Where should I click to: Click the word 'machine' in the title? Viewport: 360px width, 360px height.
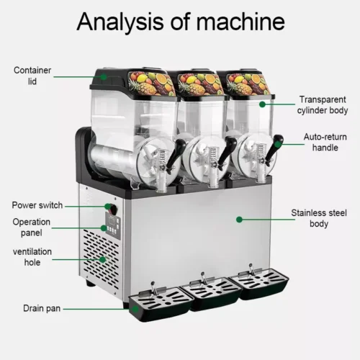pyautogui.click(x=240, y=22)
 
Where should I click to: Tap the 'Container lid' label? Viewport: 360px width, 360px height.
pyautogui.click(x=32, y=76)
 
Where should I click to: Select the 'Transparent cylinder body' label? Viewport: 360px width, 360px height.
pyautogui.click(x=323, y=105)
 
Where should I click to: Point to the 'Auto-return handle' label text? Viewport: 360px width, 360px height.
pyautogui.click(x=325, y=142)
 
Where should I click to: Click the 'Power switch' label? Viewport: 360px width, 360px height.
pyautogui.click(x=37, y=205)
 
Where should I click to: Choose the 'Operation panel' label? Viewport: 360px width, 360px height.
pyautogui.click(x=32, y=227)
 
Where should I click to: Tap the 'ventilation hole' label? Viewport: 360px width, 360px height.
pyautogui.click(x=32, y=257)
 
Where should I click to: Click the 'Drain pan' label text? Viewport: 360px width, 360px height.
pyautogui.click(x=42, y=308)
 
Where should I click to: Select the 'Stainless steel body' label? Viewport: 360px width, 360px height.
pyautogui.click(x=319, y=218)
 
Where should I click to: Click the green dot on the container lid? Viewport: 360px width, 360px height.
pyautogui.click(x=104, y=77)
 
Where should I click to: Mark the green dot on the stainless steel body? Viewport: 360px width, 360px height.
pyautogui.click(x=239, y=220)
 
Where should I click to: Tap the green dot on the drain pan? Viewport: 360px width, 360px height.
pyautogui.click(x=135, y=309)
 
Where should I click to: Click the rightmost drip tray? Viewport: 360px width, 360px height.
pyautogui.click(x=259, y=283)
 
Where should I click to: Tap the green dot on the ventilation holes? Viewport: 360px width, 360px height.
pyautogui.click(x=103, y=259)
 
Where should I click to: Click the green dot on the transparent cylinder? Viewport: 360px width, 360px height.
pyautogui.click(x=262, y=104)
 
